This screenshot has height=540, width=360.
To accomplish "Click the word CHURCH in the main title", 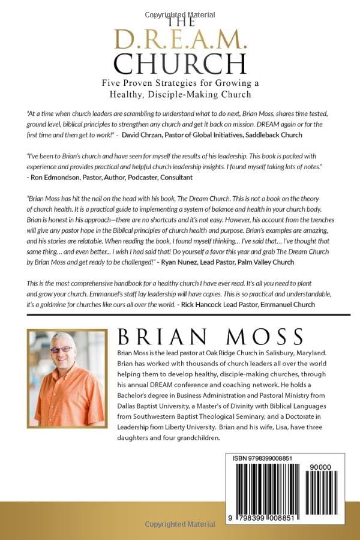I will [180, 63].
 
